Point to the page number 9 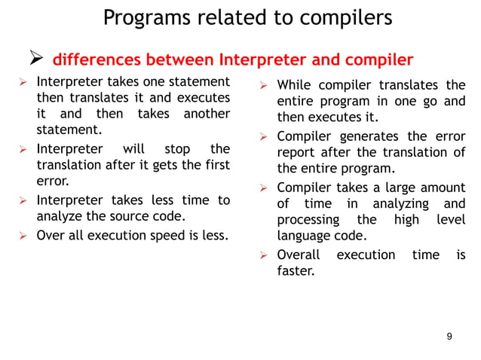449,336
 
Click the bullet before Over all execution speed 23,235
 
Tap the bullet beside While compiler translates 264,85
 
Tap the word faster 296,270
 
